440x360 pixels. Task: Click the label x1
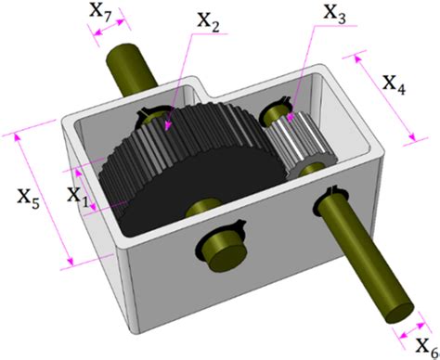click(78, 195)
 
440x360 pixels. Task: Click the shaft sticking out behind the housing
click(132, 65)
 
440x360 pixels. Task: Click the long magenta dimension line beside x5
click(41, 199)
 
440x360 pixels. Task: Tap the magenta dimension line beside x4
click(381, 98)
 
